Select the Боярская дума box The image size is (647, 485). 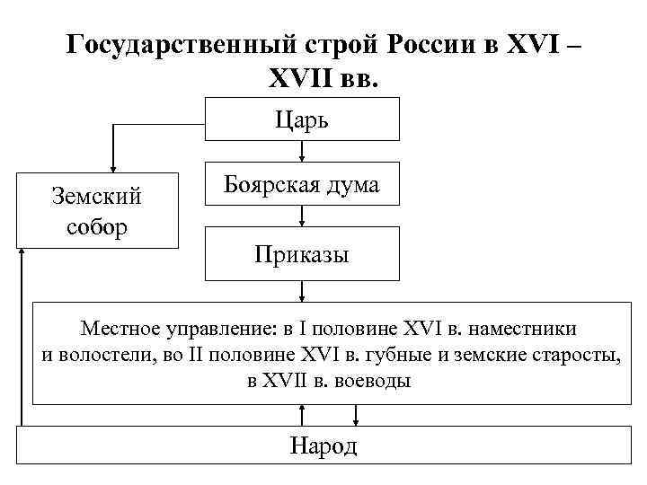(302, 185)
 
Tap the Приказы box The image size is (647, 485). (302, 254)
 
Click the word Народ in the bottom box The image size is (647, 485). (323, 445)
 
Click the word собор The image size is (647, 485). (96, 225)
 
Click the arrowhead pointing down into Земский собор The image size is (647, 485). (113, 165)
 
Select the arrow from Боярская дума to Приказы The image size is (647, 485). (303, 216)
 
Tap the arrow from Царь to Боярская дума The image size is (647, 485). (303, 152)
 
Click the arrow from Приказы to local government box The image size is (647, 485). (303, 292)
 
